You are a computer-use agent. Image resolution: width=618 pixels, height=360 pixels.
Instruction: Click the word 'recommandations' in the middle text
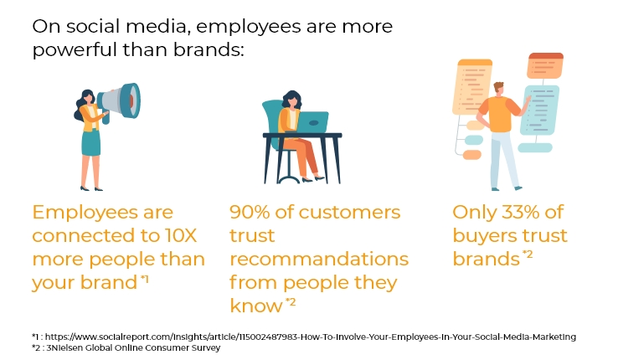coord(319,259)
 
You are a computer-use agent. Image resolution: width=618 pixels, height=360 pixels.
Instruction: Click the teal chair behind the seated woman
coord(273,117)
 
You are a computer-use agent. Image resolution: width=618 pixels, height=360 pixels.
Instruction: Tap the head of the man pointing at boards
coord(499,88)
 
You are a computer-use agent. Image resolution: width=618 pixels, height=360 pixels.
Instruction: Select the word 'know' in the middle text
coord(255,306)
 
